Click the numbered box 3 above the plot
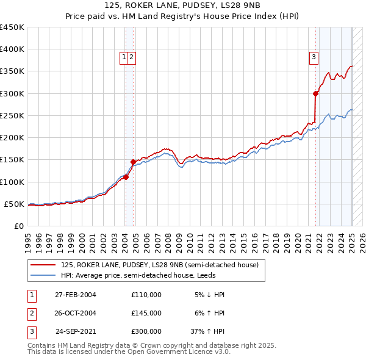coord(314,57)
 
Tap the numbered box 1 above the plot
coord(124,57)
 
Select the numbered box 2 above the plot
coord(131,57)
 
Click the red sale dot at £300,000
coord(316,94)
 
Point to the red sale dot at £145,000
coord(133,162)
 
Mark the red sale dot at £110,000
coord(126,177)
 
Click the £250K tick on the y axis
coord(12,115)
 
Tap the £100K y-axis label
coord(12,182)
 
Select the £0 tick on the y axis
coord(18,226)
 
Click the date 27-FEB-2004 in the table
coord(76,295)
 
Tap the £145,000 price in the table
coord(146,313)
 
